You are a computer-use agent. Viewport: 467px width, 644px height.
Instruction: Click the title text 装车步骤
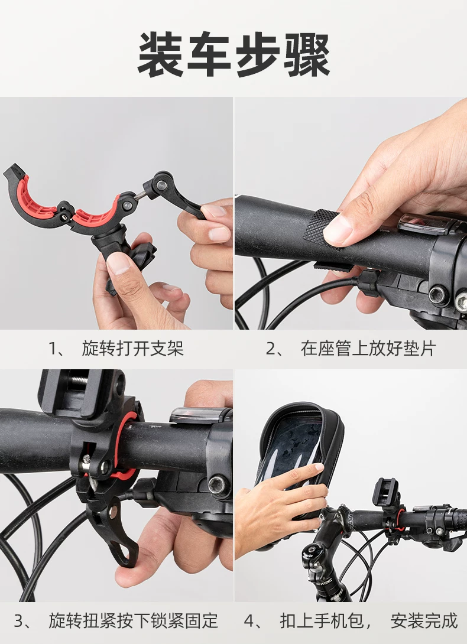(x=234, y=55)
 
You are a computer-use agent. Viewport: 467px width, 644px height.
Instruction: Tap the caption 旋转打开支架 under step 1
(x=133, y=349)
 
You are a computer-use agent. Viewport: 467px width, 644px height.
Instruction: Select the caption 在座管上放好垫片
(x=368, y=349)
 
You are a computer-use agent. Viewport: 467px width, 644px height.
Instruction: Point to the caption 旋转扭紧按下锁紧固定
(x=133, y=620)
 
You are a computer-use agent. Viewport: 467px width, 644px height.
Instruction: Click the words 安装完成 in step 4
(x=424, y=620)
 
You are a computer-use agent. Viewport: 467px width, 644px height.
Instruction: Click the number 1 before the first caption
(x=53, y=349)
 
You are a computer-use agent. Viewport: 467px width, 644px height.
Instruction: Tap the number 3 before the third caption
(x=19, y=620)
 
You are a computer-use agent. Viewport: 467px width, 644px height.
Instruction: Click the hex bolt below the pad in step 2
(x=438, y=294)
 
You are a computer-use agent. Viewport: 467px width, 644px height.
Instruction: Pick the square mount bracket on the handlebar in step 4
(x=385, y=491)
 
